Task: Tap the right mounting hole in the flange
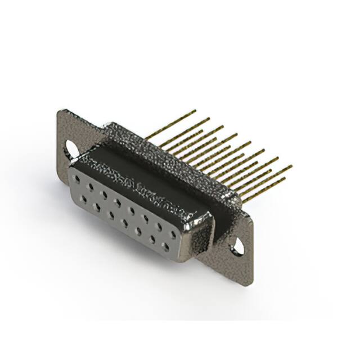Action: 238,246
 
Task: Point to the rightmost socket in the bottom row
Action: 166,245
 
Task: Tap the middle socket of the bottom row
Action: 125,222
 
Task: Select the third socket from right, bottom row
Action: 138,229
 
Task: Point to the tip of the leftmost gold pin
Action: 195,111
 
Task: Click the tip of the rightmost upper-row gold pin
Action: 291,166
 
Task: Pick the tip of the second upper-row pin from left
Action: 208,119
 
